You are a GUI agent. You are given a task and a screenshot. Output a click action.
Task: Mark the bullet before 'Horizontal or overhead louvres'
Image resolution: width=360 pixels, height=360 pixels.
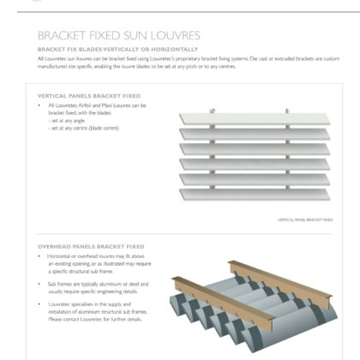pyautogui.click(x=40, y=255)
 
